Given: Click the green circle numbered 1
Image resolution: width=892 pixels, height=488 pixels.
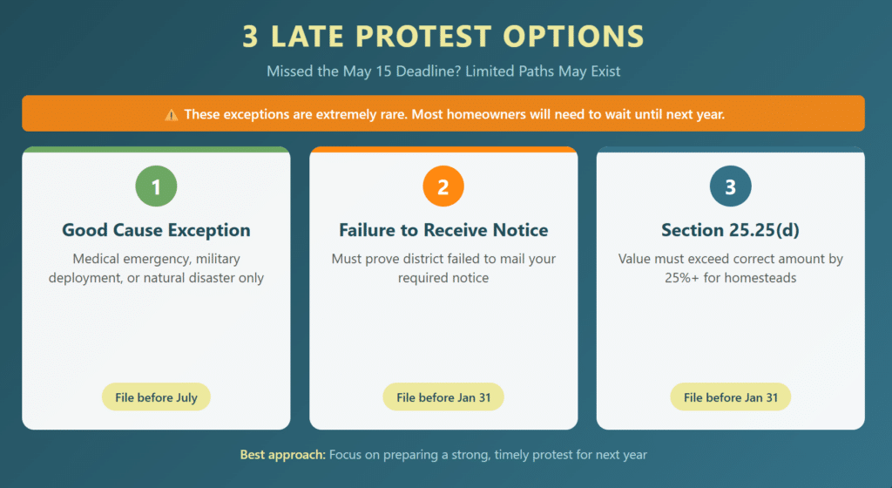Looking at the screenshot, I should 156,186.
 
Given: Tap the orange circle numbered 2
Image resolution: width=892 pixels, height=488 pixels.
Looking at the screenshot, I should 443,186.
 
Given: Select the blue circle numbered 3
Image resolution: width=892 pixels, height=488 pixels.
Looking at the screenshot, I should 730,186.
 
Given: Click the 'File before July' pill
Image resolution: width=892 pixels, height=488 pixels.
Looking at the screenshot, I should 156,397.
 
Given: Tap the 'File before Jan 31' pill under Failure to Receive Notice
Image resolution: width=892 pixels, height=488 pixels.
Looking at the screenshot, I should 443,397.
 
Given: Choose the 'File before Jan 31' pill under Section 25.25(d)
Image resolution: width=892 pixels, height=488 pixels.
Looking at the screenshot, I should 730,397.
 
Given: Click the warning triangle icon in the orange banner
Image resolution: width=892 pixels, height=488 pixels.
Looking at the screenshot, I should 172,114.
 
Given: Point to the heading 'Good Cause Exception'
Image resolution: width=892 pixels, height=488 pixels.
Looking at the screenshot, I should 156,231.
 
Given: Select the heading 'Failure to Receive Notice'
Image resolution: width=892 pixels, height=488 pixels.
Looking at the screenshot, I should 443,231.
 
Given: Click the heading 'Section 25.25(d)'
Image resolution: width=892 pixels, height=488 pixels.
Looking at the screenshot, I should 730,231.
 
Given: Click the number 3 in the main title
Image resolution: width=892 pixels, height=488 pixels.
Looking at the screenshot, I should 251,37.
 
